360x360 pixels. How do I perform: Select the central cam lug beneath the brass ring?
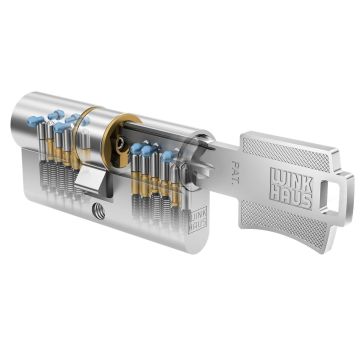96,182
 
